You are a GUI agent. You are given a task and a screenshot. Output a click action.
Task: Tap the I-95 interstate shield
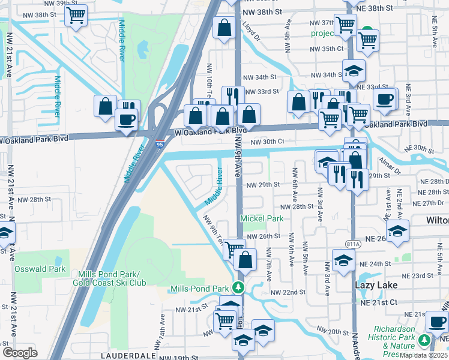[159, 144]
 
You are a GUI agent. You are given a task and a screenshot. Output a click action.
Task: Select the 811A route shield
[354, 243]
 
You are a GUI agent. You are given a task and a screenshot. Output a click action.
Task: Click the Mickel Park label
[262, 219]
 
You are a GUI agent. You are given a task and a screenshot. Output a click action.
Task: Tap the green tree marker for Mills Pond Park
[239, 288]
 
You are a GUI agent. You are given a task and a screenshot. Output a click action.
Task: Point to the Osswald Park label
[40, 269]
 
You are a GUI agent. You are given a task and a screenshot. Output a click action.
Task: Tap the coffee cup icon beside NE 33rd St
[384, 99]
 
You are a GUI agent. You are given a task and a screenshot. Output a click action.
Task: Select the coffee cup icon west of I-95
[125, 119]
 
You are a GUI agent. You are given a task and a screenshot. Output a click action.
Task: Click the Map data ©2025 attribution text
[424, 355]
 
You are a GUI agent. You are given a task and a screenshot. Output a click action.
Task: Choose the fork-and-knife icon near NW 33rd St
[231, 97]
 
